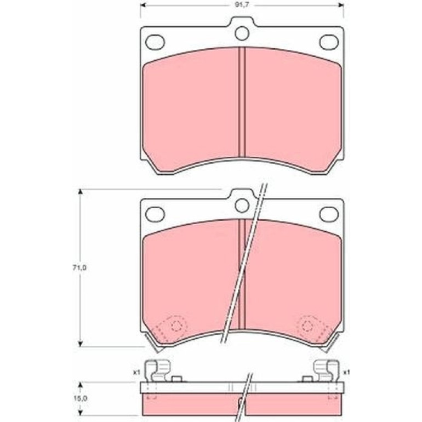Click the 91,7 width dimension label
pos(242,5)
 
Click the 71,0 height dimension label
pos(79,268)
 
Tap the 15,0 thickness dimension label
pos(79,398)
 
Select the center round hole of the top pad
pos(242,33)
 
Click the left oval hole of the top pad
pos(155,42)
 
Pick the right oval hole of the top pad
pos(329,42)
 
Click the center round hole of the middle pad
pos(242,206)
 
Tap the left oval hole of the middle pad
pos(155,214)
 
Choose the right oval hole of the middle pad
pos(329,214)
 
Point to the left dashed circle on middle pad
pos(176,326)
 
